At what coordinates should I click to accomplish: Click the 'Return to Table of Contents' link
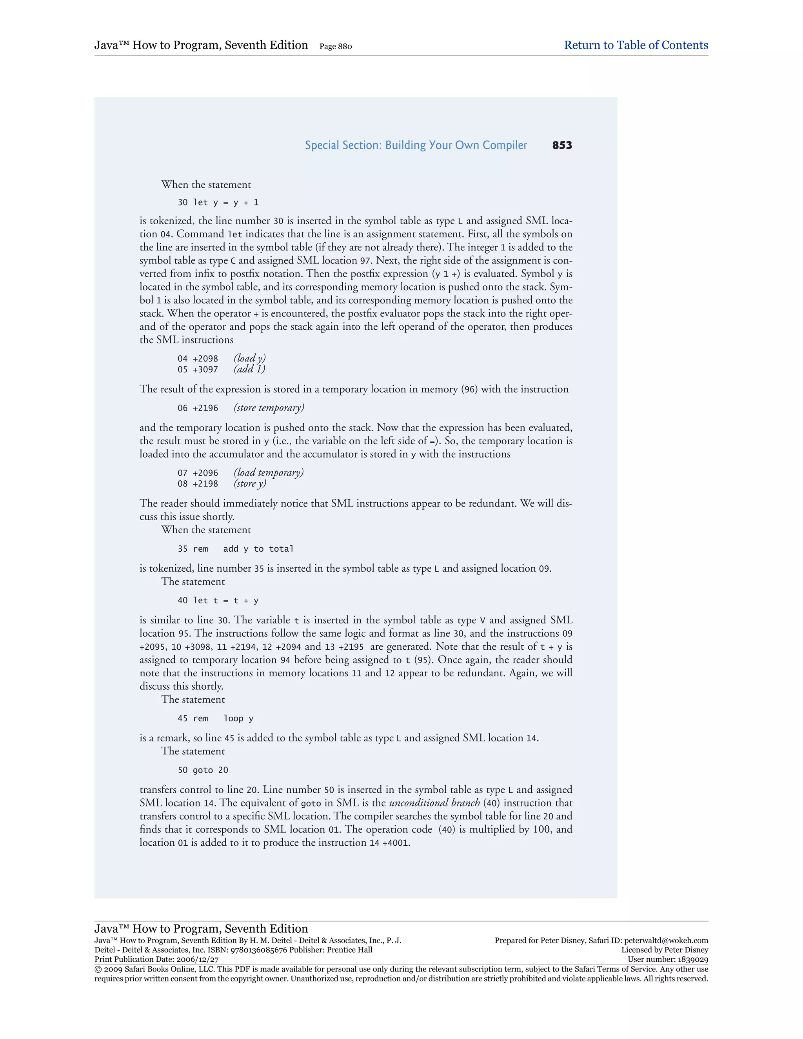click(636, 45)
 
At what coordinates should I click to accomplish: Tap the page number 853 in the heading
click(562, 145)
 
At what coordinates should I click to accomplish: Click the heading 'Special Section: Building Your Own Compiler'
click(416, 145)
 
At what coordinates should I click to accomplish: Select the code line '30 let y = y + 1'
click(218, 203)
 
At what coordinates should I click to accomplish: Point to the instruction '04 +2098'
click(198, 359)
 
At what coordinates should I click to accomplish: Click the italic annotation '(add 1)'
click(249, 369)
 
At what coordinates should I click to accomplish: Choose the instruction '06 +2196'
click(198, 408)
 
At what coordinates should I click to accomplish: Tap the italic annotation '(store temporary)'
click(269, 408)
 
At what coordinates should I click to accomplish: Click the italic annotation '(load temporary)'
click(268, 472)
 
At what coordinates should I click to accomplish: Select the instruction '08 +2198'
click(198, 484)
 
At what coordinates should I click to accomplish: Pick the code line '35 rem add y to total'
click(236, 549)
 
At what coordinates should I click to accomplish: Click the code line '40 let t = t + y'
click(218, 601)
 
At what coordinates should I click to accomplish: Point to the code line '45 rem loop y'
click(216, 719)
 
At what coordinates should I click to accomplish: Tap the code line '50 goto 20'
click(203, 770)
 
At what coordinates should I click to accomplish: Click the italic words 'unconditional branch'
click(434, 803)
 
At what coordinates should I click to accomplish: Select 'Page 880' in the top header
click(335, 46)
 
